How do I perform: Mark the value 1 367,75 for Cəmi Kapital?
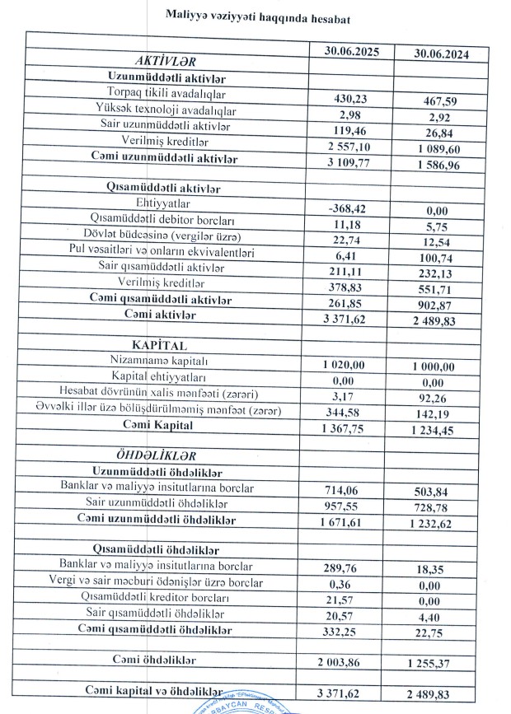point(346,429)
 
